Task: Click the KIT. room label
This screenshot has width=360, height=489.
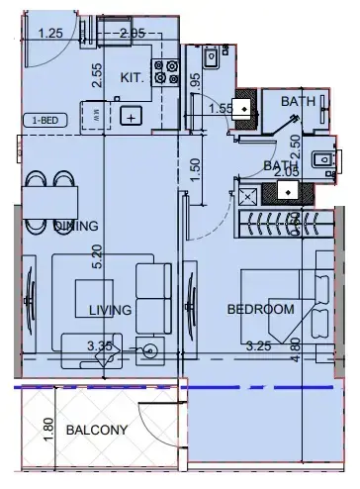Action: point(134,77)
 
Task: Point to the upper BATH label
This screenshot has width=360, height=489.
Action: point(298,101)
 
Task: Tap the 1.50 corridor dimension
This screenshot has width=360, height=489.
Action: point(196,164)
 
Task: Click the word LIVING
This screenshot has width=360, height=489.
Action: point(110,310)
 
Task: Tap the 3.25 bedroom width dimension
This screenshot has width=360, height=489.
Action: point(258,346)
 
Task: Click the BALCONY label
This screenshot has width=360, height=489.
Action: point(97,431)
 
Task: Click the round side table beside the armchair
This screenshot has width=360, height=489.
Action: point(149,349)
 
